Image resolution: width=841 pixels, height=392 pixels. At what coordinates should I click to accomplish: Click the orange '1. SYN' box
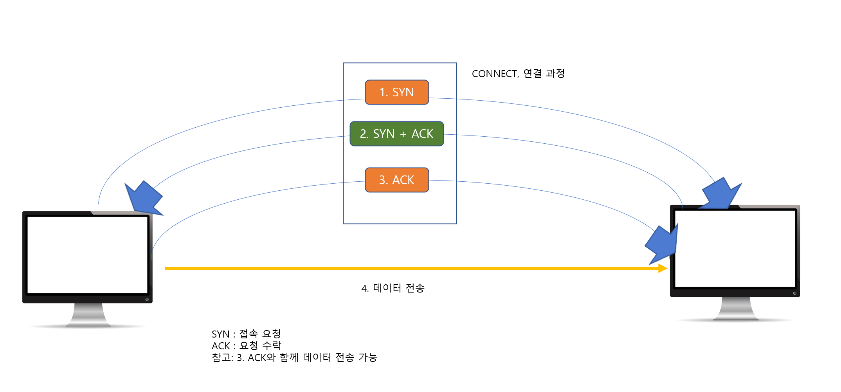397,92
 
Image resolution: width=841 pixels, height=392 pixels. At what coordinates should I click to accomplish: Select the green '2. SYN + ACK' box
396,134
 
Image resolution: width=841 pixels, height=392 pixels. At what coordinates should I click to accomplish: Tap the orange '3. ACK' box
397,180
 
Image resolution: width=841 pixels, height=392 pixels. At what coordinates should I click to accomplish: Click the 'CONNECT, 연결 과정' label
518,74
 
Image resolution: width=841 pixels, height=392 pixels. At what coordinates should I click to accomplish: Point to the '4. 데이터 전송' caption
393,288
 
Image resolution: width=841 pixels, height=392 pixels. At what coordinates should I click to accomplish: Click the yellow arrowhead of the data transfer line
663,268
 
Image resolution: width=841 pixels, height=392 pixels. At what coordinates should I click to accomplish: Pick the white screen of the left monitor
87,255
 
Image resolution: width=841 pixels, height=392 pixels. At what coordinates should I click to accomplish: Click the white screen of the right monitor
735,248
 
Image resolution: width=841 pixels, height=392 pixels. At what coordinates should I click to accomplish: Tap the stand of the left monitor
88,315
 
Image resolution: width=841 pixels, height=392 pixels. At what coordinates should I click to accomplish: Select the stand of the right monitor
736,309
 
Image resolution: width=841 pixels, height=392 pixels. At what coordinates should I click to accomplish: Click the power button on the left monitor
147,300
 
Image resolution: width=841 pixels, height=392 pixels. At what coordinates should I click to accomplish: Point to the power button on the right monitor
794,293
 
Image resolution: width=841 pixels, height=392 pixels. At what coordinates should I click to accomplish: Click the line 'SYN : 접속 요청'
246,334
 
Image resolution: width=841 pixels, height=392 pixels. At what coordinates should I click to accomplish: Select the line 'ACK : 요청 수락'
246,346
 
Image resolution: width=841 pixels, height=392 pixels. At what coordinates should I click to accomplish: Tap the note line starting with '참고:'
294,358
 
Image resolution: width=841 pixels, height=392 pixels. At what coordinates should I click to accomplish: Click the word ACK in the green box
422,134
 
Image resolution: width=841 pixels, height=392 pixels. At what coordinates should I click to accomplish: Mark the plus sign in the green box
403,134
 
